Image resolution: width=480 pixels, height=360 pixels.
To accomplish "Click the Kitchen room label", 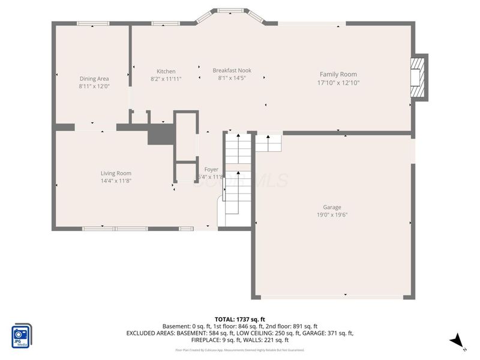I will click(166, 71).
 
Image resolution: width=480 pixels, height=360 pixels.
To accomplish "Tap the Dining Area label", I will click(94, 79).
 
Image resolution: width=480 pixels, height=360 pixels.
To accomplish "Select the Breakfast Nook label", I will click(232, 70).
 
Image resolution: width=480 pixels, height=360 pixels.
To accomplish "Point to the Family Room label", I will click(337, 74).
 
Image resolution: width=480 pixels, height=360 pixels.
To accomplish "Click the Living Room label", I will click(116, 173).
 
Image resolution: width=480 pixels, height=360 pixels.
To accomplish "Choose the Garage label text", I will click(332, 207).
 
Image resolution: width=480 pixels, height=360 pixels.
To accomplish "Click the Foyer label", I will click(211, 169).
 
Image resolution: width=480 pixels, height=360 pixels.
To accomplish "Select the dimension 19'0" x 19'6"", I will click(332, 215).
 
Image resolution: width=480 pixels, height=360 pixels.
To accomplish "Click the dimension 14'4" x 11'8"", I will click(116, 181).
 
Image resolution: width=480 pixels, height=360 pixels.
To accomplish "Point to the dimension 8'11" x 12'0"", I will click(94, 86).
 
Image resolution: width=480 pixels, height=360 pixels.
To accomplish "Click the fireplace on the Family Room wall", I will click(419, 77).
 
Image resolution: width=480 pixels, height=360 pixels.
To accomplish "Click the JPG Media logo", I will click(22, 335).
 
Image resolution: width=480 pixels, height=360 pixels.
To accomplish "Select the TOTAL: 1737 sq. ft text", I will click(240, 319).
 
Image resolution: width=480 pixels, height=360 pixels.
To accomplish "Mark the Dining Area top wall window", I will click(93, 23).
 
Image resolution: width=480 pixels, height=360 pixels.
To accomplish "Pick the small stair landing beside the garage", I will click(268, 143).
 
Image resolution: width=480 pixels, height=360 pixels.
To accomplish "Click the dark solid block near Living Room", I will click(160, 133).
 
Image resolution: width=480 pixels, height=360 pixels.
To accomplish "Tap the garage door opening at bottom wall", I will click(332, 296).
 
